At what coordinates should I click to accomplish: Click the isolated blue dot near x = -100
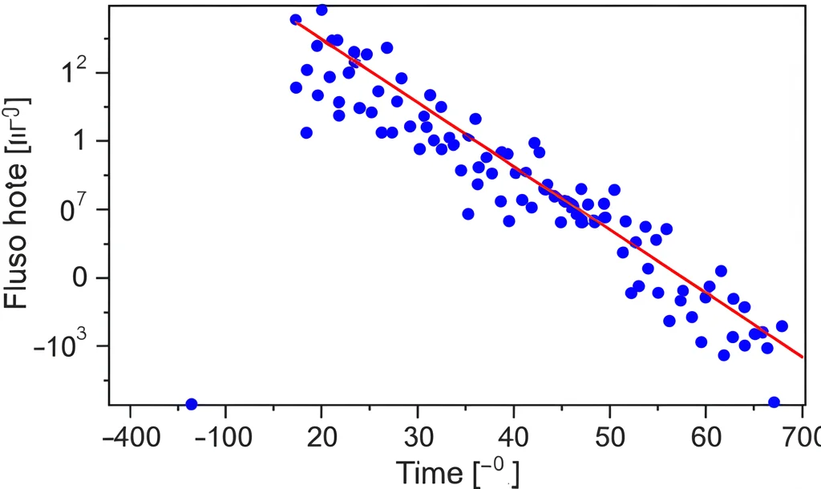pos(191,404)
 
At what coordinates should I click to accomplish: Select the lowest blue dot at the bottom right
pos(774,402)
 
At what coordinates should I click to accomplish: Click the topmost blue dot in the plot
pos(322,10)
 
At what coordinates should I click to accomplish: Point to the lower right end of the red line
pos(802,358)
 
